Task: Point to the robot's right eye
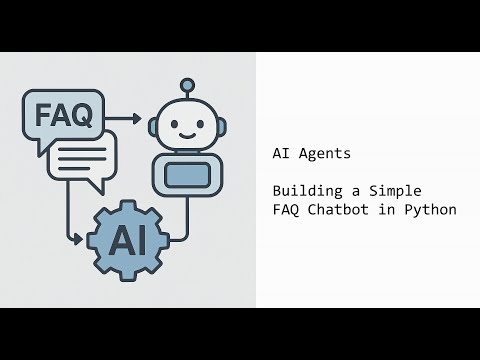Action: pos(200,125)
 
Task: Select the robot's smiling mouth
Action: pos(186,135)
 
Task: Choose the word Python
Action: pos(432,210)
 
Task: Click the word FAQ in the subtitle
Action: pos(285,210)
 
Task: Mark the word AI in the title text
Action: pos(280,155)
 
